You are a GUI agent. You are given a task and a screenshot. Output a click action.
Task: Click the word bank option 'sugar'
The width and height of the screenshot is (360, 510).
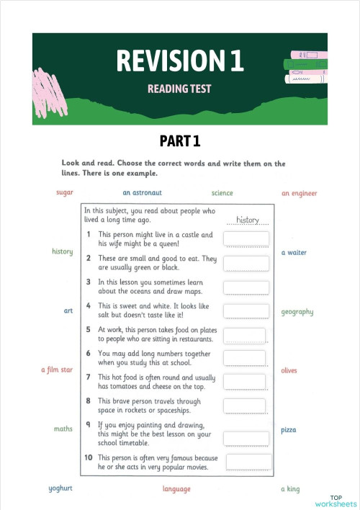[65, 193]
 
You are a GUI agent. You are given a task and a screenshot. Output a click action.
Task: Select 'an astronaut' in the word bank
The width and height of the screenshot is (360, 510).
[142, 193]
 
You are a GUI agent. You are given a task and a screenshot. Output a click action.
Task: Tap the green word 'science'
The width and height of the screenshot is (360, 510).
[222, 193]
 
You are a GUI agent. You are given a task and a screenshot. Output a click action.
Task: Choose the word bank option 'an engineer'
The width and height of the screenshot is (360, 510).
[299, 193]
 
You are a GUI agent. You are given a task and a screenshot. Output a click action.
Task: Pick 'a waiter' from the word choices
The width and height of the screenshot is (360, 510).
[294, 253]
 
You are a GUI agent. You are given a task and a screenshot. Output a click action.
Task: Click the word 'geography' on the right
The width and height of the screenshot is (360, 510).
[297, 312]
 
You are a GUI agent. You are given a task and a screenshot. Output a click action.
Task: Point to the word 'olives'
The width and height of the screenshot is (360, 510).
[289, 370]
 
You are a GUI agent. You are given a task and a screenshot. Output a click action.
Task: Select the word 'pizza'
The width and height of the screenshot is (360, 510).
[289, 429]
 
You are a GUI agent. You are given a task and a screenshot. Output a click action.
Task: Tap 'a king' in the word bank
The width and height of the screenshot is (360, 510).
[290, 488]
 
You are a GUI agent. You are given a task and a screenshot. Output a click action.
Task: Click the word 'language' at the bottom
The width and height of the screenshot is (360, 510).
[176, 489]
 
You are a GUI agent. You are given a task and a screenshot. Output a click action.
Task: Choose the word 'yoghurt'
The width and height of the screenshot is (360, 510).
[62, 488]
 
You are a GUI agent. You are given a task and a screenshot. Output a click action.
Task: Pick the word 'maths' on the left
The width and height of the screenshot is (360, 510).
[63, 429]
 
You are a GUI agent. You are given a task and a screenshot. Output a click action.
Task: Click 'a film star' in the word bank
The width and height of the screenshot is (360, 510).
[57, 370]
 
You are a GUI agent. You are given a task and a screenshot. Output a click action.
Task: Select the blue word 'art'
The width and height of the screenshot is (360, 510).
[68, 311]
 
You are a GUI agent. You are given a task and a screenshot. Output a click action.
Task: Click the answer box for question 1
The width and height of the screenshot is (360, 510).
[246, 239]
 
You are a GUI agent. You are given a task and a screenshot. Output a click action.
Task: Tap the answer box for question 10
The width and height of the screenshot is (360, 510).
[248, 462]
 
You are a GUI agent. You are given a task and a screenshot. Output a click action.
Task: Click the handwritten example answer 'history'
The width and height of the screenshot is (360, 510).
[247, 219]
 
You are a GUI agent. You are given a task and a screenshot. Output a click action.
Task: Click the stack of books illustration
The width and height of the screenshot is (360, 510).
[307, 66]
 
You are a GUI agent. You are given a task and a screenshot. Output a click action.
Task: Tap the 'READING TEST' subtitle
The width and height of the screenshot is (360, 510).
[179, 89]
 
